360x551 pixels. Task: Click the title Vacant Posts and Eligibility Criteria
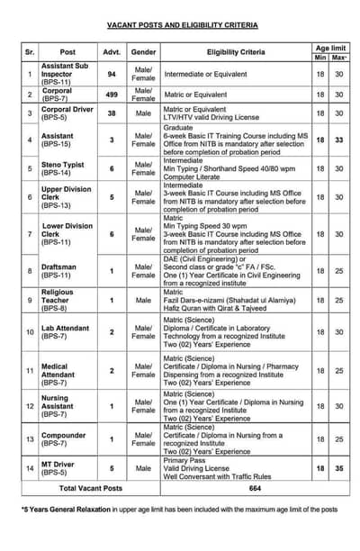[183, 25]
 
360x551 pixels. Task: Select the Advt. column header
[112, 53]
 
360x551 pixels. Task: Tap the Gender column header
[143, 53]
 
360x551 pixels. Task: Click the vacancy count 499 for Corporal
[112, 94]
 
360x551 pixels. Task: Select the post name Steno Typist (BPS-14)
[66, 168]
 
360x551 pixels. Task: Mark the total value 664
[255, 488]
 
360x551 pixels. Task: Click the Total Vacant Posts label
[89, 488]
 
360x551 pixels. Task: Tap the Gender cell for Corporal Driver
[143, 113]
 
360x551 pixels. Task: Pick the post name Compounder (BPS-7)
[65, 438]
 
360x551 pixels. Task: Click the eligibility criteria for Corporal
[235, 94]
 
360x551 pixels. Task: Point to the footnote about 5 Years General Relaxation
[180, 509]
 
